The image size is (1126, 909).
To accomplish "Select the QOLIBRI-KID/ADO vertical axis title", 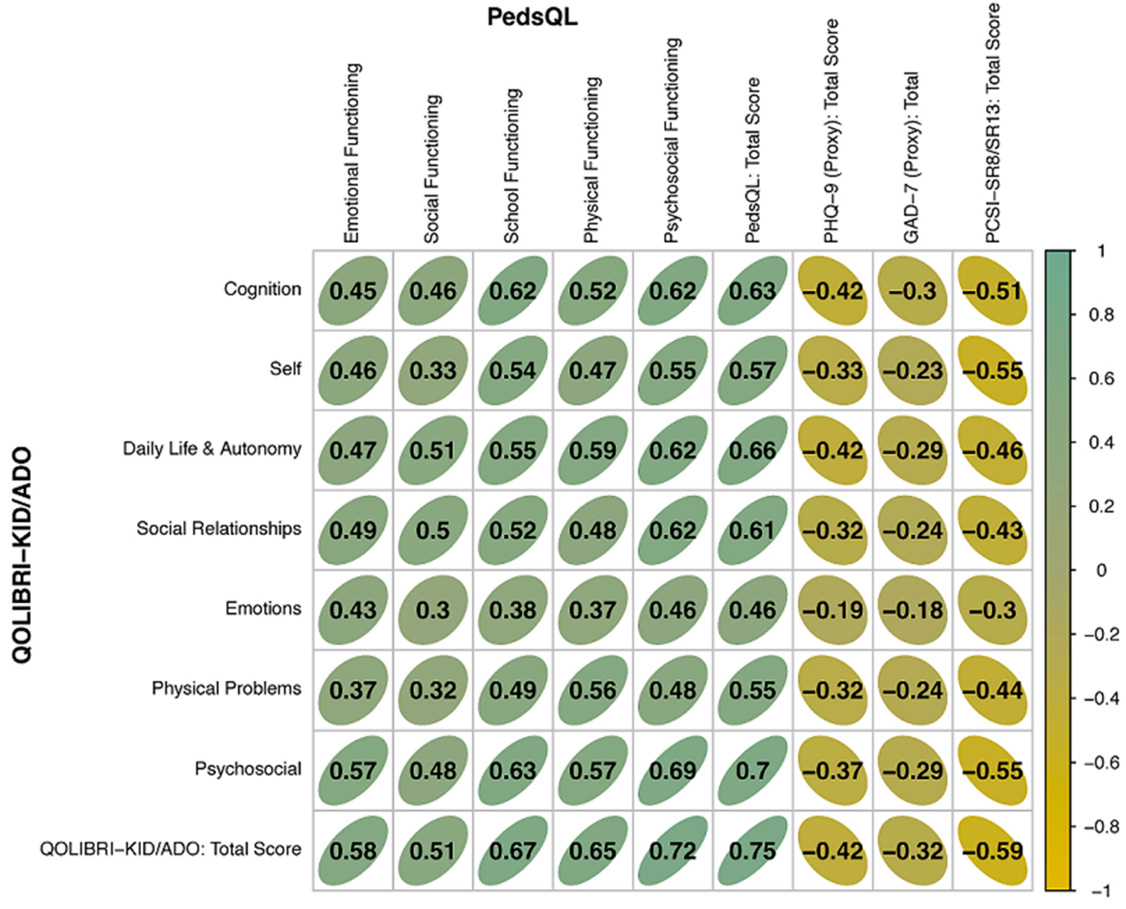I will click(x=22, y=555).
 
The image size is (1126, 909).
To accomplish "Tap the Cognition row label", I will click(x=262, y=289).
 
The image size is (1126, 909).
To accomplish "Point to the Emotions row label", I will click(x=263, y=608).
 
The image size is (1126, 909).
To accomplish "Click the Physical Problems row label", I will click(x=226, y=689).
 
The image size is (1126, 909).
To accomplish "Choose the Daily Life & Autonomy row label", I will click(x=212, y=449).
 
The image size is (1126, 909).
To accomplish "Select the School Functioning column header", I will click(x=512, y=167).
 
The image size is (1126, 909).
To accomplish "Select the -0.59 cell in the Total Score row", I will click(x=992, y=850).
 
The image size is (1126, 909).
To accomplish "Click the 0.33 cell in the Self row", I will click(x=433, y=371).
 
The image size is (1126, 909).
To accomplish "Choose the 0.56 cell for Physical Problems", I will click(x=593, y=690).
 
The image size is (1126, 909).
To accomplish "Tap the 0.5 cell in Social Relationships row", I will click(x=433, y=531).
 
